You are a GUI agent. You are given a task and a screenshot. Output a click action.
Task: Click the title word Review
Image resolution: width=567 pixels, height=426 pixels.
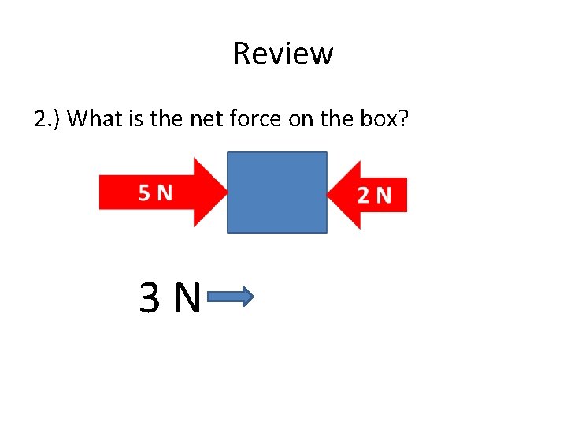(x=283, y=54)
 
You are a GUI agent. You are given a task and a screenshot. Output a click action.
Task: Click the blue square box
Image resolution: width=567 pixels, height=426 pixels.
(x=277, y=192)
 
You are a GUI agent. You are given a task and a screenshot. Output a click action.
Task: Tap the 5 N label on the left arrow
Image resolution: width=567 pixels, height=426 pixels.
(x=155, y=192)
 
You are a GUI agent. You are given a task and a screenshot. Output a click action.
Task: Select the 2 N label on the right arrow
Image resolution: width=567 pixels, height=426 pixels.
(x=374, y=195)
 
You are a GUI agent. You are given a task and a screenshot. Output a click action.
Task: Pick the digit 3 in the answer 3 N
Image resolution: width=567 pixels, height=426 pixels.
(x=150, y=298)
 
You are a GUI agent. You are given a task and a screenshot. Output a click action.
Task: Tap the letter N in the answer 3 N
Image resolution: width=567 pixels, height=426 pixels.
(x=187, y=298)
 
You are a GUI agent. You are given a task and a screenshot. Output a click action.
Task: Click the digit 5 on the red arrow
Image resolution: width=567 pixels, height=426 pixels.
(x=145, y=192)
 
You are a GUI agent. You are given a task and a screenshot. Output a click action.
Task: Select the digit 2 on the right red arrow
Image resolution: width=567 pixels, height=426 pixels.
(x=364, y=195)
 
